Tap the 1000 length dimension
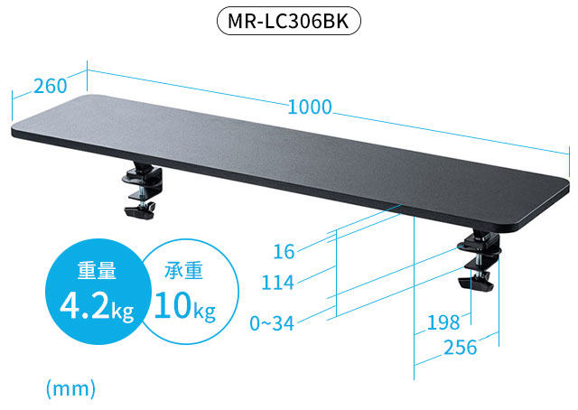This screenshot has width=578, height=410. (x=310, y=107)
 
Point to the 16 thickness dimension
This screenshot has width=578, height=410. (x=283, y=250)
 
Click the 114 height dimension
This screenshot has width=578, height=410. (x=278, y=283)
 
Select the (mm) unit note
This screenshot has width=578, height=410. (x=70, y=388)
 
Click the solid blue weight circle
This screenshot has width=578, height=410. (x=95, y=289)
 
